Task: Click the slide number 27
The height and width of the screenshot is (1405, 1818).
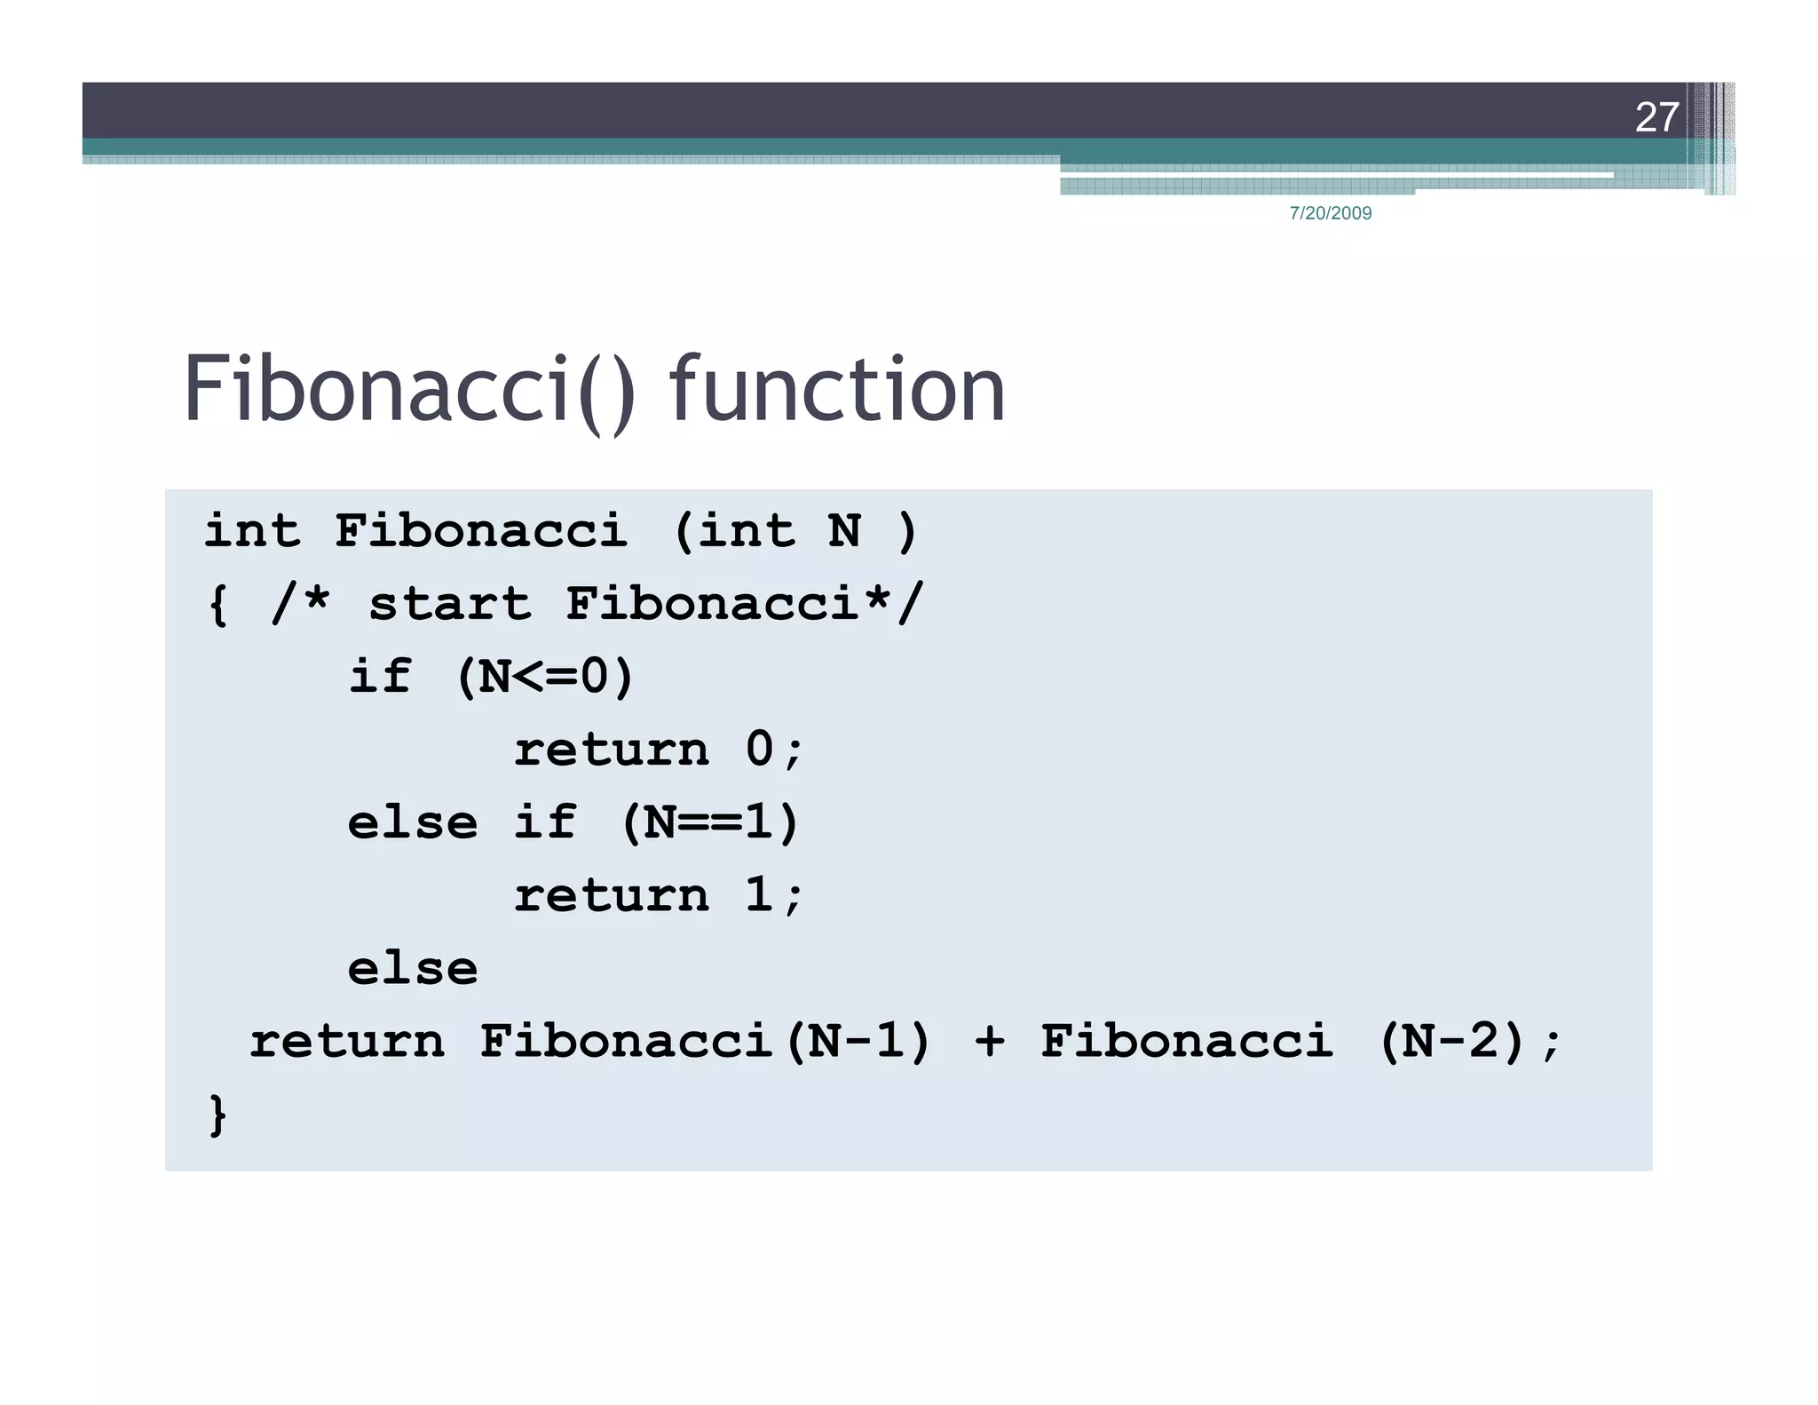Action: point(1656,117)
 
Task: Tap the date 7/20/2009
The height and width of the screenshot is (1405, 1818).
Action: point(1330,213)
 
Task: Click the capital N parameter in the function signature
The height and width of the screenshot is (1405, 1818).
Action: point(844,532)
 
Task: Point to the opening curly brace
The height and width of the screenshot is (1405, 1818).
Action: point(217,606)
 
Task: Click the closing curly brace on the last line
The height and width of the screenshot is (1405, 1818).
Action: point(217,1115)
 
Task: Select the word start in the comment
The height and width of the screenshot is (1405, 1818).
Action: point(450,605)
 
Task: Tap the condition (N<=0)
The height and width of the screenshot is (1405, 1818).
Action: point(545,677)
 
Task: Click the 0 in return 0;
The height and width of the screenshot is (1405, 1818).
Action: point(760,749)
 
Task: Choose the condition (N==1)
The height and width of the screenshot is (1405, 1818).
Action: point(710,822)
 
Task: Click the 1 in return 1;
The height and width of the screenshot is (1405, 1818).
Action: point(760,894)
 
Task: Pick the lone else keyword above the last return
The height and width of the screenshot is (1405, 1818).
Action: point(413,968)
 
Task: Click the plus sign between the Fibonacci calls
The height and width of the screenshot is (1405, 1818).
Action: point(990,1041)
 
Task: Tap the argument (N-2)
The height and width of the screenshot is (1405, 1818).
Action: point(1452,1041)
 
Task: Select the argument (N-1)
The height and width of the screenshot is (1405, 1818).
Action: point(858,1041)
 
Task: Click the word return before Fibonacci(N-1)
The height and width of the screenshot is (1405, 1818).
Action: point(347,1041)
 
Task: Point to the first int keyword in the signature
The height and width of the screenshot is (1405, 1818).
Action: point(252,532)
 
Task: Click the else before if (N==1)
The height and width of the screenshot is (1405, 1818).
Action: point(413,822)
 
